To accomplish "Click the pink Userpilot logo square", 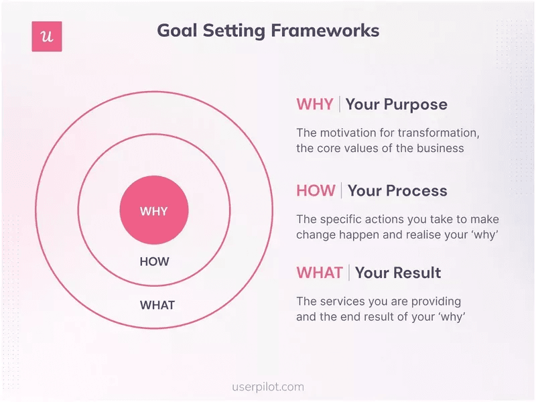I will (47, 36).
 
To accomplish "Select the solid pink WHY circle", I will (154, 211).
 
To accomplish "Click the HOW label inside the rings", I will (154, 262).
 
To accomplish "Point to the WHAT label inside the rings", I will (157, 306).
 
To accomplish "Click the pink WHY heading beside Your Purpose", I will (315, 105).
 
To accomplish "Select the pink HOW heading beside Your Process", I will (316, 191).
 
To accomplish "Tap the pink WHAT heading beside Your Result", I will (320, 273).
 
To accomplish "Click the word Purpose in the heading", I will (415, 105).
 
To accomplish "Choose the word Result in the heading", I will (416, 273).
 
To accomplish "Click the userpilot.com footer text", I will (267, 387).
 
